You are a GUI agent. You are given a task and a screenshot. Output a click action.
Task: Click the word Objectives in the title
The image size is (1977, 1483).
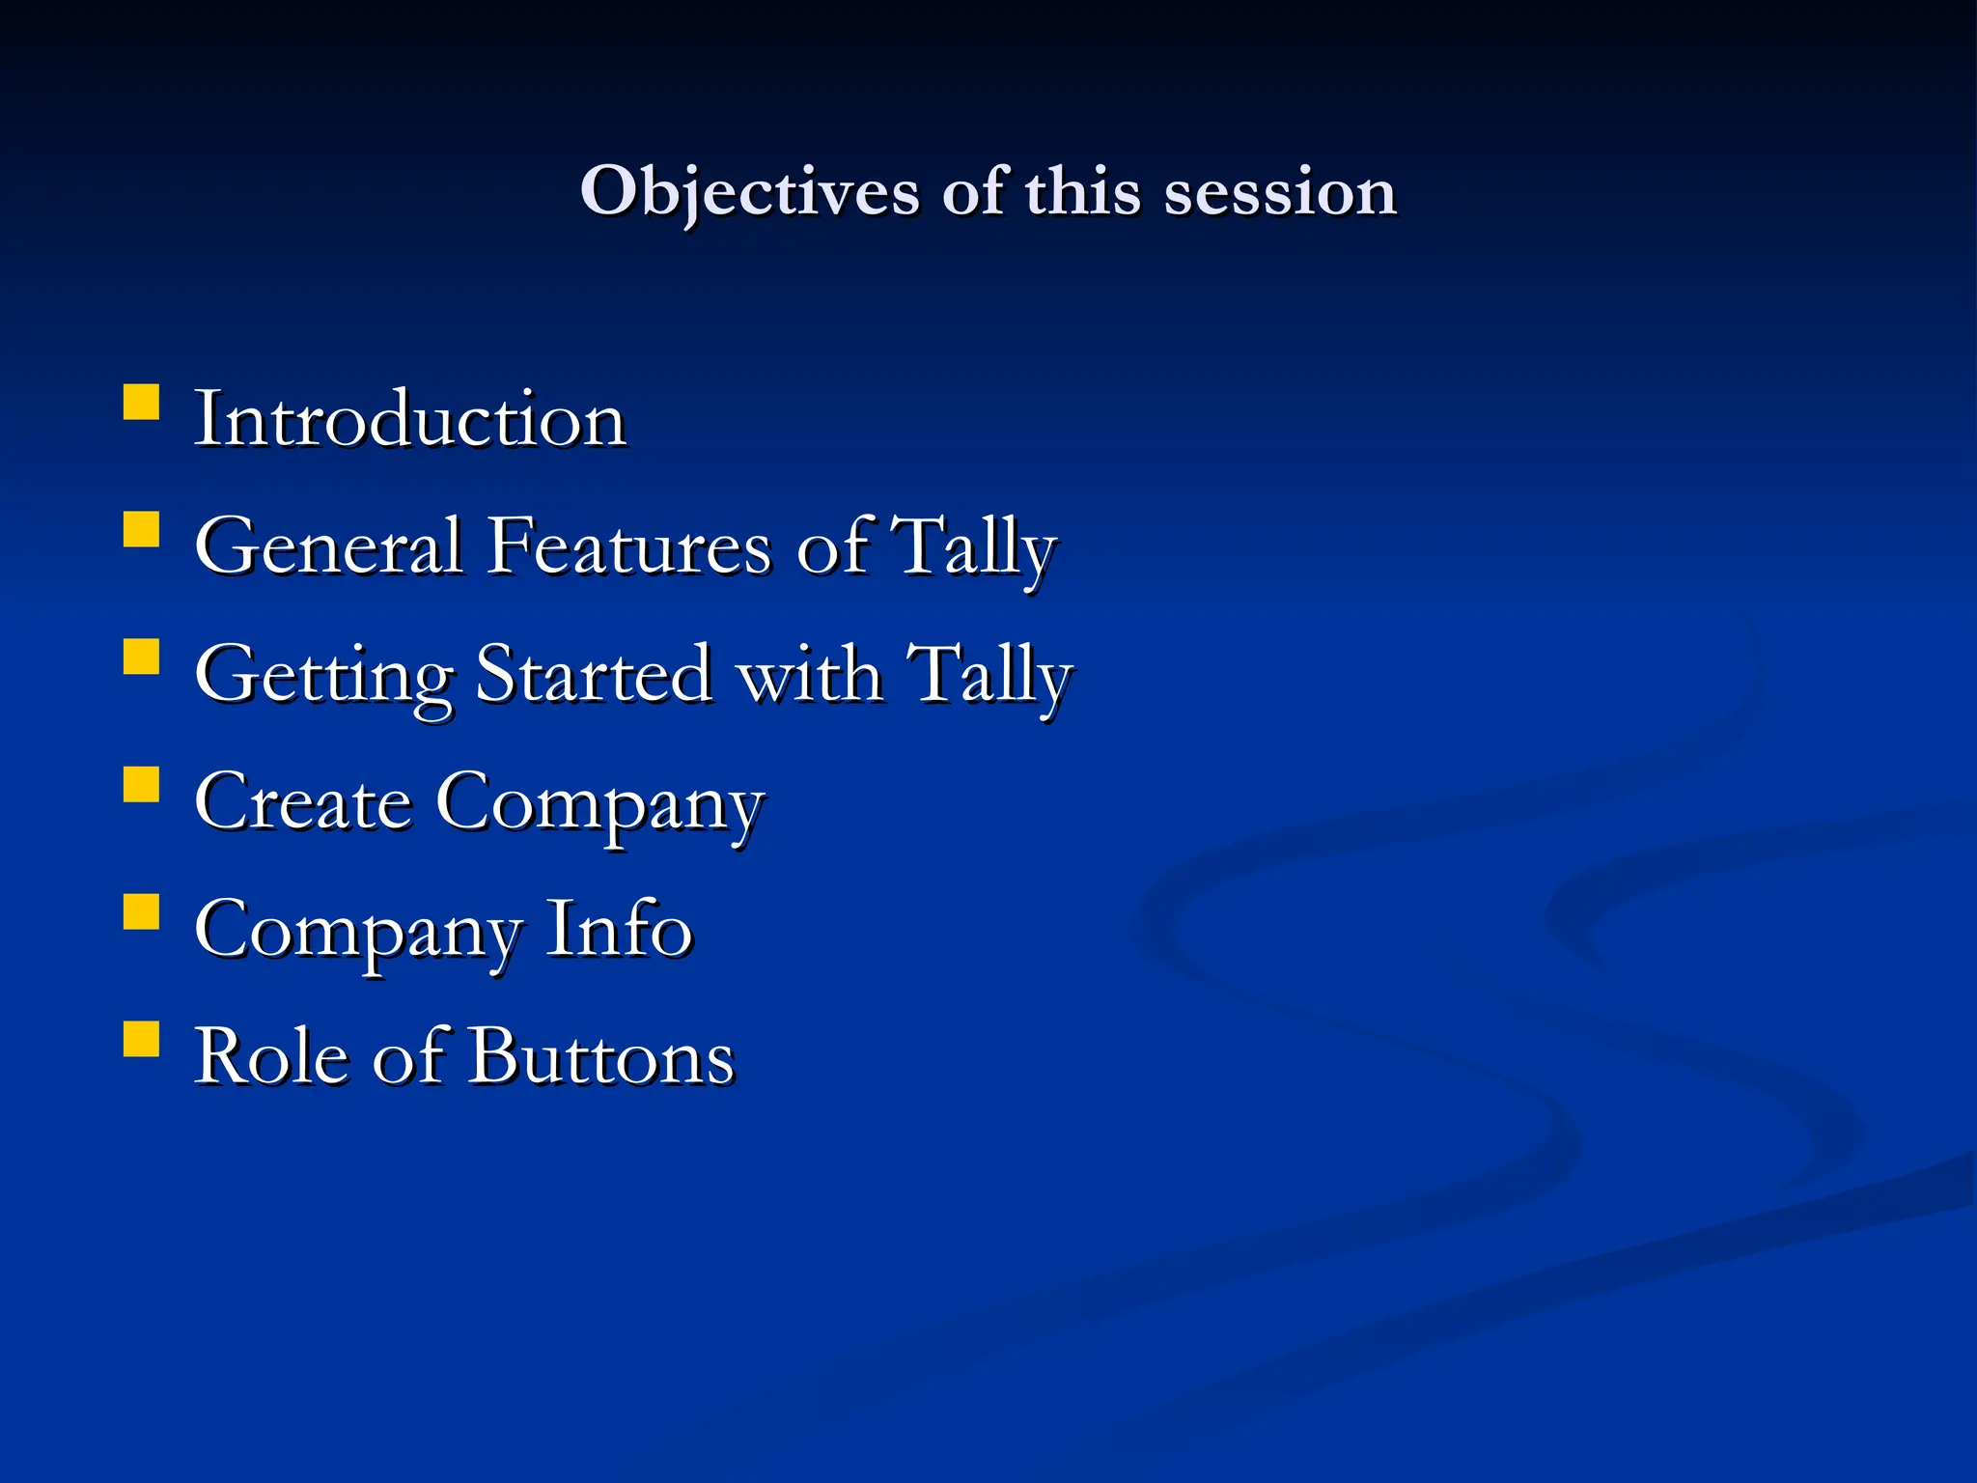coord(748,192)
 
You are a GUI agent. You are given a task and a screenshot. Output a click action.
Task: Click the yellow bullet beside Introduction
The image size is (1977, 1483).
coord(142,403)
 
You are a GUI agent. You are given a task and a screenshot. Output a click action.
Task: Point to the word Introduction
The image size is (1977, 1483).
coord(410,420)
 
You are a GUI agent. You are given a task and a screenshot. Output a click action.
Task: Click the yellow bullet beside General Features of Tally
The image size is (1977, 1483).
coord(142,530)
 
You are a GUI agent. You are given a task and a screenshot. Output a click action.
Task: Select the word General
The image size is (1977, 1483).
coord(328,547)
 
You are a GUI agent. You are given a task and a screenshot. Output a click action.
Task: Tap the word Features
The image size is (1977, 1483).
coord(628,547)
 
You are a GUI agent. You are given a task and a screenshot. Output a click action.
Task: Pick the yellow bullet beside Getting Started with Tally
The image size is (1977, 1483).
coord(142,658)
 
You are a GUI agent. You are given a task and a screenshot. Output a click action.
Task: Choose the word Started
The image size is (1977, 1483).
coord(595,675)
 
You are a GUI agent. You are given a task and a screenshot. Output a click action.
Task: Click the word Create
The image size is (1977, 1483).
coord(303,802)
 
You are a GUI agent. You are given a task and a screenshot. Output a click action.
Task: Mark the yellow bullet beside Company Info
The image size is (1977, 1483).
coord(142,911)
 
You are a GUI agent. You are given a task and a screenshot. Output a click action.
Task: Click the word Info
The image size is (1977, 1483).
coord(619,930)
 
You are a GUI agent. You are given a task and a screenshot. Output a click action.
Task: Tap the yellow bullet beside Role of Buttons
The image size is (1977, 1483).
coord(142,1040)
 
